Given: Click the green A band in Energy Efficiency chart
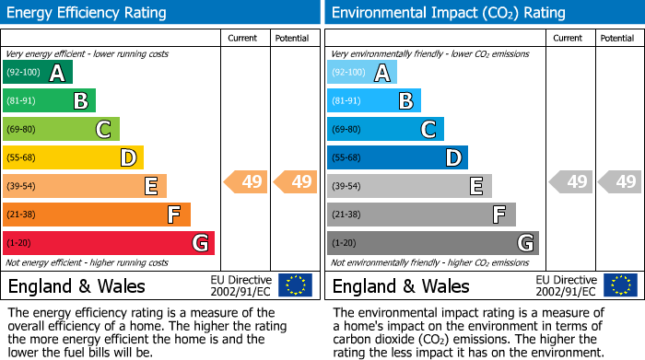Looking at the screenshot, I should point(38,73).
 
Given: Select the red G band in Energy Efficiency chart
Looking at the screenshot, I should point(109,243).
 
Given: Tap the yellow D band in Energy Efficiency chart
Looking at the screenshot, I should point(73,158).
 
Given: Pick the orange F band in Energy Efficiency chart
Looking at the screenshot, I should point(97,215).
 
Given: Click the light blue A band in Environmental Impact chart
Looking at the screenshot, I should point(362,73).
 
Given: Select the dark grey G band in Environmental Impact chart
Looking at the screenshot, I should point(432,243).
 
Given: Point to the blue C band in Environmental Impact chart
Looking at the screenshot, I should point(385,130).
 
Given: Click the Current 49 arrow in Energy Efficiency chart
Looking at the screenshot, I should point(246,182).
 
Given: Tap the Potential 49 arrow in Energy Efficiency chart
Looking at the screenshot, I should point(296,182).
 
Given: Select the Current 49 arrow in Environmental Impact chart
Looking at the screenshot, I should point(571,182).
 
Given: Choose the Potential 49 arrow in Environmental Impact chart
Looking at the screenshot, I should point(620,182).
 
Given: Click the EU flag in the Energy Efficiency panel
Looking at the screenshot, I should point(295,285).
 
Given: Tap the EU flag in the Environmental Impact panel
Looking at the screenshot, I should point(621,285).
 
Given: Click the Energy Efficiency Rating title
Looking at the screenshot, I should point(88,13).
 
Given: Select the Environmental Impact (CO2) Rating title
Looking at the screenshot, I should point(448,13).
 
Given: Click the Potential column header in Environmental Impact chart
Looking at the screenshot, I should point(617,38).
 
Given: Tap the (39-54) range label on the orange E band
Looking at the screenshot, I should point(21,187).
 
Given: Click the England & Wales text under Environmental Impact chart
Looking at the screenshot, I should point(401,285).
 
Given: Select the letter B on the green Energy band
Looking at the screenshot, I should point(80,101).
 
